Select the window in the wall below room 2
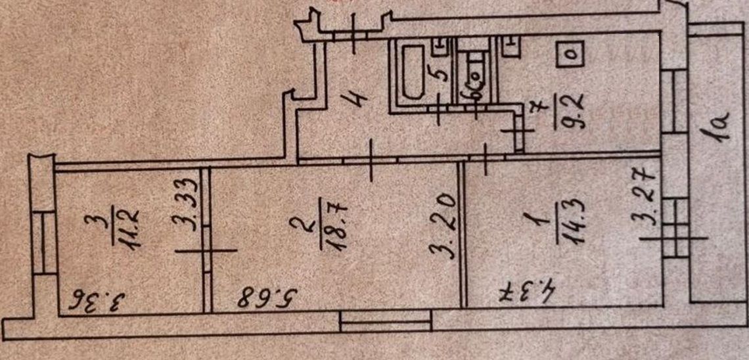tap(385, 321)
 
